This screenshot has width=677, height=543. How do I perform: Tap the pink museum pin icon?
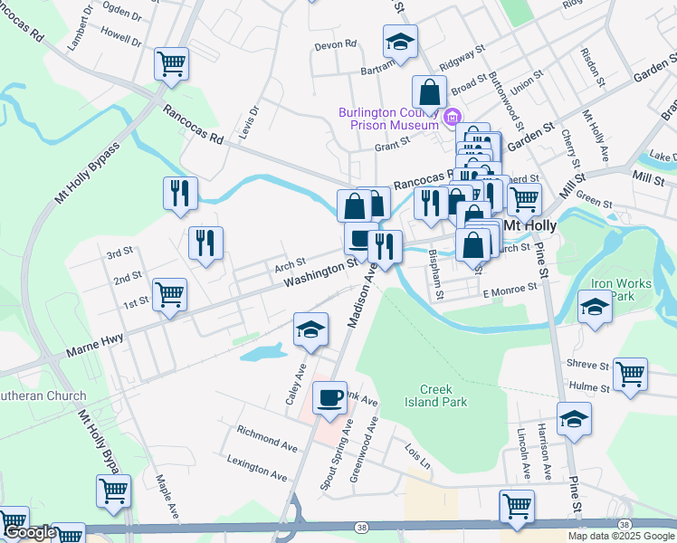click(453, 116)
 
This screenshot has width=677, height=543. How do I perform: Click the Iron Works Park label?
click(621, 289)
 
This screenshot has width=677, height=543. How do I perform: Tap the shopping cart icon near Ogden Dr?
click(171, 63)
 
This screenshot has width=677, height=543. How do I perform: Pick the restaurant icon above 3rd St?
click(205, 243)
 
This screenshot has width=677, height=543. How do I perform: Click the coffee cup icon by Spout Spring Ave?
click(329, 396)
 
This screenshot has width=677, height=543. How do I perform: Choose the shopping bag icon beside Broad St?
click(430, 90)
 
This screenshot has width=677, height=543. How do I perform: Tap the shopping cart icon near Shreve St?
click(630, 374)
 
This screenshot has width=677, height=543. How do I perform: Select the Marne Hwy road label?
click(94, 348)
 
